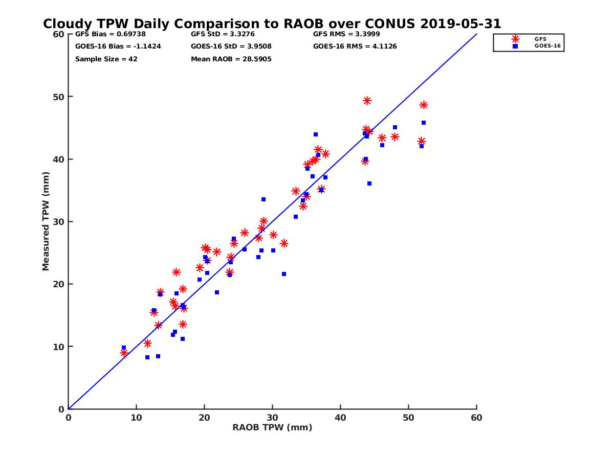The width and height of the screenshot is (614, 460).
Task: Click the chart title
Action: coord(272,24)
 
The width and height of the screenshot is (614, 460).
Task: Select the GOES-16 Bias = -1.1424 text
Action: coord(111,47)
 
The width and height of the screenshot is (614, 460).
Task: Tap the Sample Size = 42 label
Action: coord(106,59)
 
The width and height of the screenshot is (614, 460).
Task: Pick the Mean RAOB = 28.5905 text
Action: coord(231,59)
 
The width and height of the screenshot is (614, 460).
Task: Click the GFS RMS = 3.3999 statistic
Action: coord(346,34)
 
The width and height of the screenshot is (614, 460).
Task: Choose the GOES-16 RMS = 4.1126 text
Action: coord(355,47)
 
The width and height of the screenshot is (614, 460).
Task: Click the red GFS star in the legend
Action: coord(515,39)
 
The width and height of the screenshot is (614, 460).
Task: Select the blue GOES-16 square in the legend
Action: coord(515,46)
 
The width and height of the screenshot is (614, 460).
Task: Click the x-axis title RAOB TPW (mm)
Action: coord(272,428)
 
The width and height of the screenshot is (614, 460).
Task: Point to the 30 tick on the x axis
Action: coord(272,418)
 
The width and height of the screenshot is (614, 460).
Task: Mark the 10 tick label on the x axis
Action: coord(136,418)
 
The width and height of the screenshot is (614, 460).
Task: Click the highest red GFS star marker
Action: coord(367,101)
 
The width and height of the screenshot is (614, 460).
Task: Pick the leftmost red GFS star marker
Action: coord(124,353)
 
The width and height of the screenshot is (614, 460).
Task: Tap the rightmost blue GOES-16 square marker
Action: coord(424,123)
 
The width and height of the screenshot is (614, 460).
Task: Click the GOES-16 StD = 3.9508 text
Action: coord(231,47)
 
